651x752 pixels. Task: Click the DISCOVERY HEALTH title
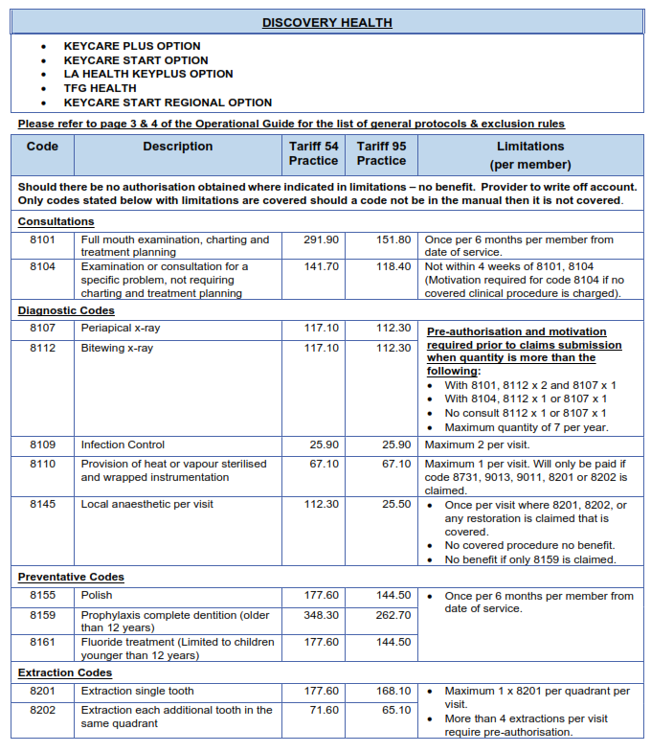[x=326, y=22]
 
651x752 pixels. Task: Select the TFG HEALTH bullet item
[x=100, y=88]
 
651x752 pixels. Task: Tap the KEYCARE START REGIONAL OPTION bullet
[x=168, y=103]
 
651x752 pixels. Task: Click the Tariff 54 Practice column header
[x=313, y=153]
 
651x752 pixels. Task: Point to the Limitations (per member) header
[x=529, y=155]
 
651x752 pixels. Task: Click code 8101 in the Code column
[x=42, y=239]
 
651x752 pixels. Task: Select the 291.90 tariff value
[x=321, y=239]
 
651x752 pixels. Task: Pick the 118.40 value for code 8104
[x=393, y=266]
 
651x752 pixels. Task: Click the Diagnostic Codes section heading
[x=66, y=310]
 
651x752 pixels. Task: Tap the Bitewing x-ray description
[x=117, y=348]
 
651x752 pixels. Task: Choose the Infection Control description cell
[x=123, y=444]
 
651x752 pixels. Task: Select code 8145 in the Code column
[x=42, y=504]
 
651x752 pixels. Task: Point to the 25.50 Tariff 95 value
[x=396, y=504]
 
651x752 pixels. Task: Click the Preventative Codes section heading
[x=71, y=577]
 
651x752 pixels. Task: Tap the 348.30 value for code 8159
[x=321, y=615]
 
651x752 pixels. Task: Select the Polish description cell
[x=97, y=596]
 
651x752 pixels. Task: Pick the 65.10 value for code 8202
[x=396, y=710]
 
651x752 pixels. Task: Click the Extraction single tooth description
[x=137, y=691]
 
